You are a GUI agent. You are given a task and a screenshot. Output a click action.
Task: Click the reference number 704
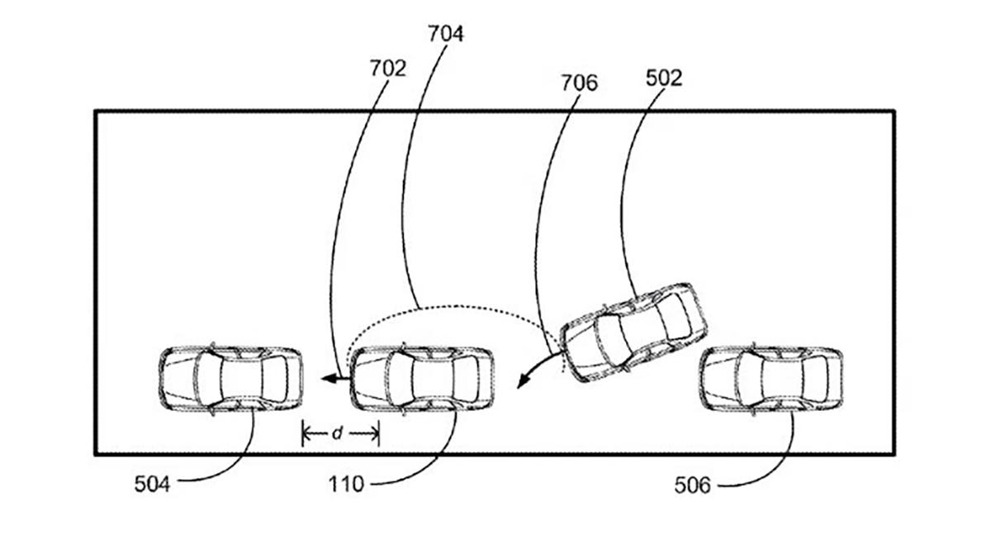point(445,34)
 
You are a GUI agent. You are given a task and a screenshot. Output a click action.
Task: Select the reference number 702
point(388,68)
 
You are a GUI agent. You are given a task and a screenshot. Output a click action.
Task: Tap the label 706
point(579,83)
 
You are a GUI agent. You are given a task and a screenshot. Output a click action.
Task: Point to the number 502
point(664,78)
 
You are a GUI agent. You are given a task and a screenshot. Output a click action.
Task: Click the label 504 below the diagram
point(152,484)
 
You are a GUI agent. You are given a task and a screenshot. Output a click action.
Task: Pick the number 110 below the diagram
point(346,484)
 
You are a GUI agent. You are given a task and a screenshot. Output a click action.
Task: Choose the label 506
point(692,485)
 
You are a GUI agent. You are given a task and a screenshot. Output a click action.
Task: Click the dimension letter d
point(338,433)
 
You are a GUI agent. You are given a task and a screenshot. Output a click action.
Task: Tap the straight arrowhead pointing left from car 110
point(329,378)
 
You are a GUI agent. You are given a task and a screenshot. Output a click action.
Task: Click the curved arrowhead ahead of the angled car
point(524,381)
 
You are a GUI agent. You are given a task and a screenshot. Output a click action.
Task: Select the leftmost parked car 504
point(231,380)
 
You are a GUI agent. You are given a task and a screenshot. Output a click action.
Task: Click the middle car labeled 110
point(422,380)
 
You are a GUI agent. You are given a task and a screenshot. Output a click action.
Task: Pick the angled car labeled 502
point(633,333)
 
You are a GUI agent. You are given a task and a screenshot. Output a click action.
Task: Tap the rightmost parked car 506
point(771,380)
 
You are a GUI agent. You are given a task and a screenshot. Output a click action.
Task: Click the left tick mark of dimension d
point(302,433)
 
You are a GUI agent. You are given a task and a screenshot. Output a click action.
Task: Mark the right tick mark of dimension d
point(379,433)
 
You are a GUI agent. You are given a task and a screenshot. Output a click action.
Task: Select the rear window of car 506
point(816,380)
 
